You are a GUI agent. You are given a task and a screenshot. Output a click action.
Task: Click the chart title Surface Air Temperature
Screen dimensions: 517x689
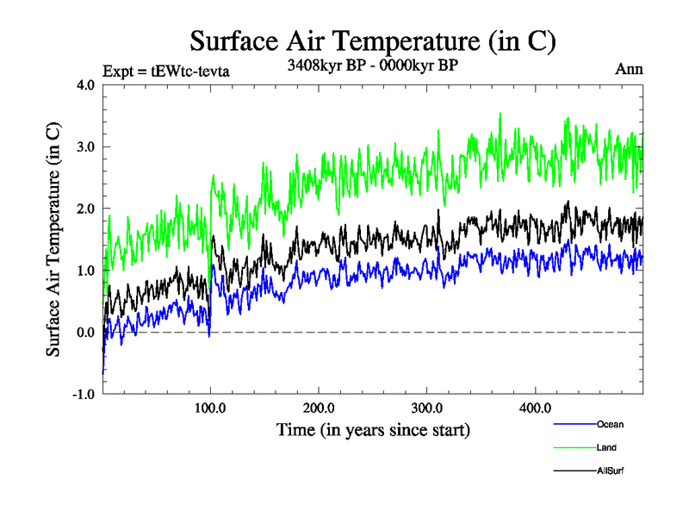[372, 41]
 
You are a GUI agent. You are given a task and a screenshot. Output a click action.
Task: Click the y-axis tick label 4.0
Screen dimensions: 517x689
[86, 85]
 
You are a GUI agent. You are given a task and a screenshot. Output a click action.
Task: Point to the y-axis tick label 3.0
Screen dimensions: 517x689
[86, 147]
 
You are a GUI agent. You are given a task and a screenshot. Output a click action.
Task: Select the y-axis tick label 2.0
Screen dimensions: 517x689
[86, 209]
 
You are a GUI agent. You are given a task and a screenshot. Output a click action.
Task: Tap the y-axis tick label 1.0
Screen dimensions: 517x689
[86, 271]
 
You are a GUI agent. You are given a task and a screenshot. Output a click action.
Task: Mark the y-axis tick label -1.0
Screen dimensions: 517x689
[84, 396]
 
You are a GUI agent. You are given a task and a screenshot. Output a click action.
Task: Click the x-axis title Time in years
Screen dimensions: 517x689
[373, 429]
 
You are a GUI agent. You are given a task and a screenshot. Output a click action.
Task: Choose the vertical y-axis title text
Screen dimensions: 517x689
[53, 240]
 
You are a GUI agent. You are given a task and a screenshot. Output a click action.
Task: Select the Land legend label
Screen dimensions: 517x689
[606, 447]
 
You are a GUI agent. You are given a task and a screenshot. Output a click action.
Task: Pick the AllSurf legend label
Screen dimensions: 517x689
[611, 470]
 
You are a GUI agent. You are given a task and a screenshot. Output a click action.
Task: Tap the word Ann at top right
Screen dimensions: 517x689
[628, 68]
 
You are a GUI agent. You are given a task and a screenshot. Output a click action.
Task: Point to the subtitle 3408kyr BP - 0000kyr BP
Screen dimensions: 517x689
[372, 65]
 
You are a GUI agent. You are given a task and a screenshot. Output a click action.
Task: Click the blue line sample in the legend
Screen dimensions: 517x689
[574, 424]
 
